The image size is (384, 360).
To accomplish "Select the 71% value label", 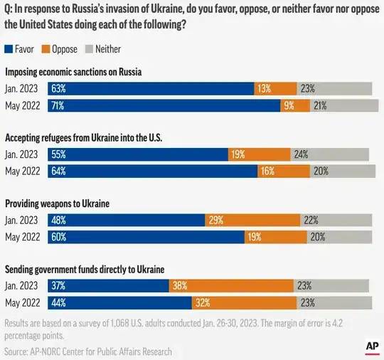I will (58, 106).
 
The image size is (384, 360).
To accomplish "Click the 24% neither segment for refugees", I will (329, 154).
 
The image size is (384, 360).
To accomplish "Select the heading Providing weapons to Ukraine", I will (58, 203).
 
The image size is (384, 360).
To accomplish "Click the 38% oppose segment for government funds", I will (231, 285).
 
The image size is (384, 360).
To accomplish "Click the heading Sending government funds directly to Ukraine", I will (85, 269).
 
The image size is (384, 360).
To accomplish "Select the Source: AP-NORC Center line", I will (88, 351).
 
